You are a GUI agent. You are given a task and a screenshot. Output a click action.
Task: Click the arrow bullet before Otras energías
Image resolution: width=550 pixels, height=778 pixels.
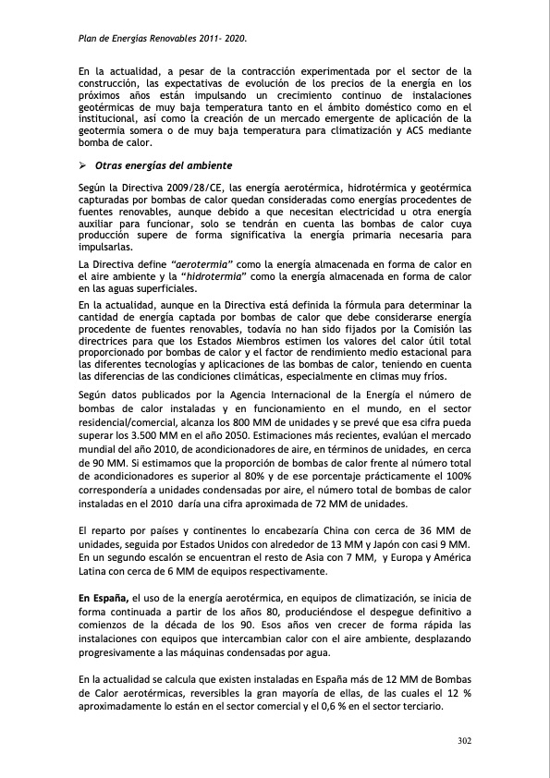click(x=82, y=164)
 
